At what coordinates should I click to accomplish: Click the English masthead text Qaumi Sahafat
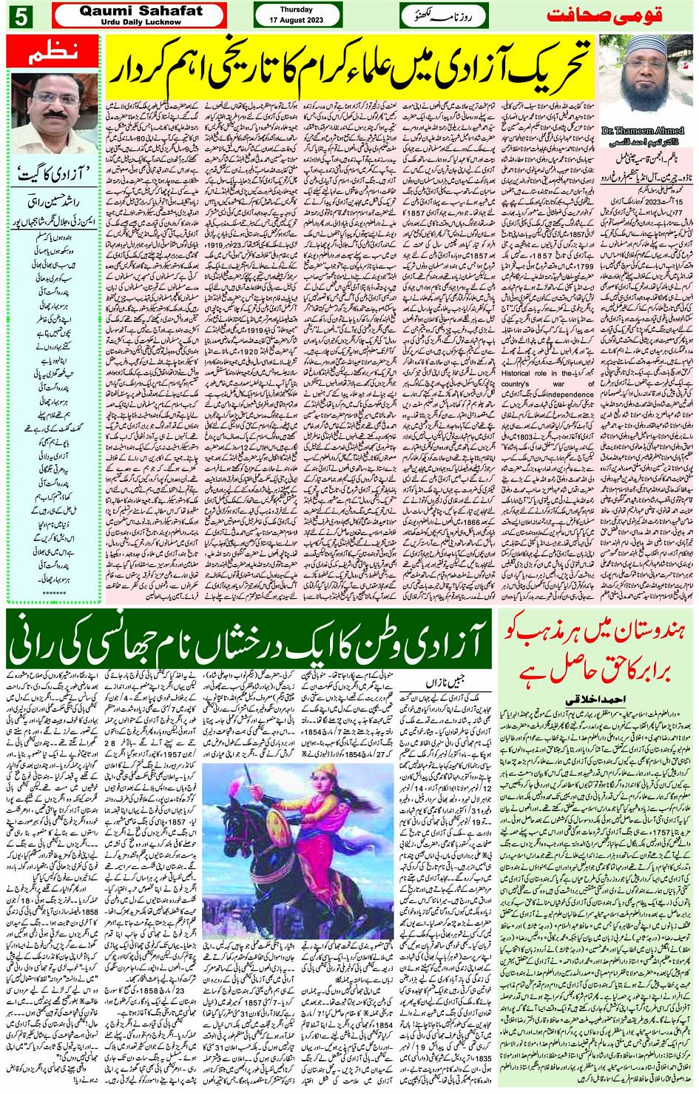click(x=141, y=10)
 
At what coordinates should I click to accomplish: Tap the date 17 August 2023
click(x=296, y=19)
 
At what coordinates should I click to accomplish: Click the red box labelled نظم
click(x=53, y=53)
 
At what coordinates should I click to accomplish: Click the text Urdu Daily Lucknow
click(x=141, y=22)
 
